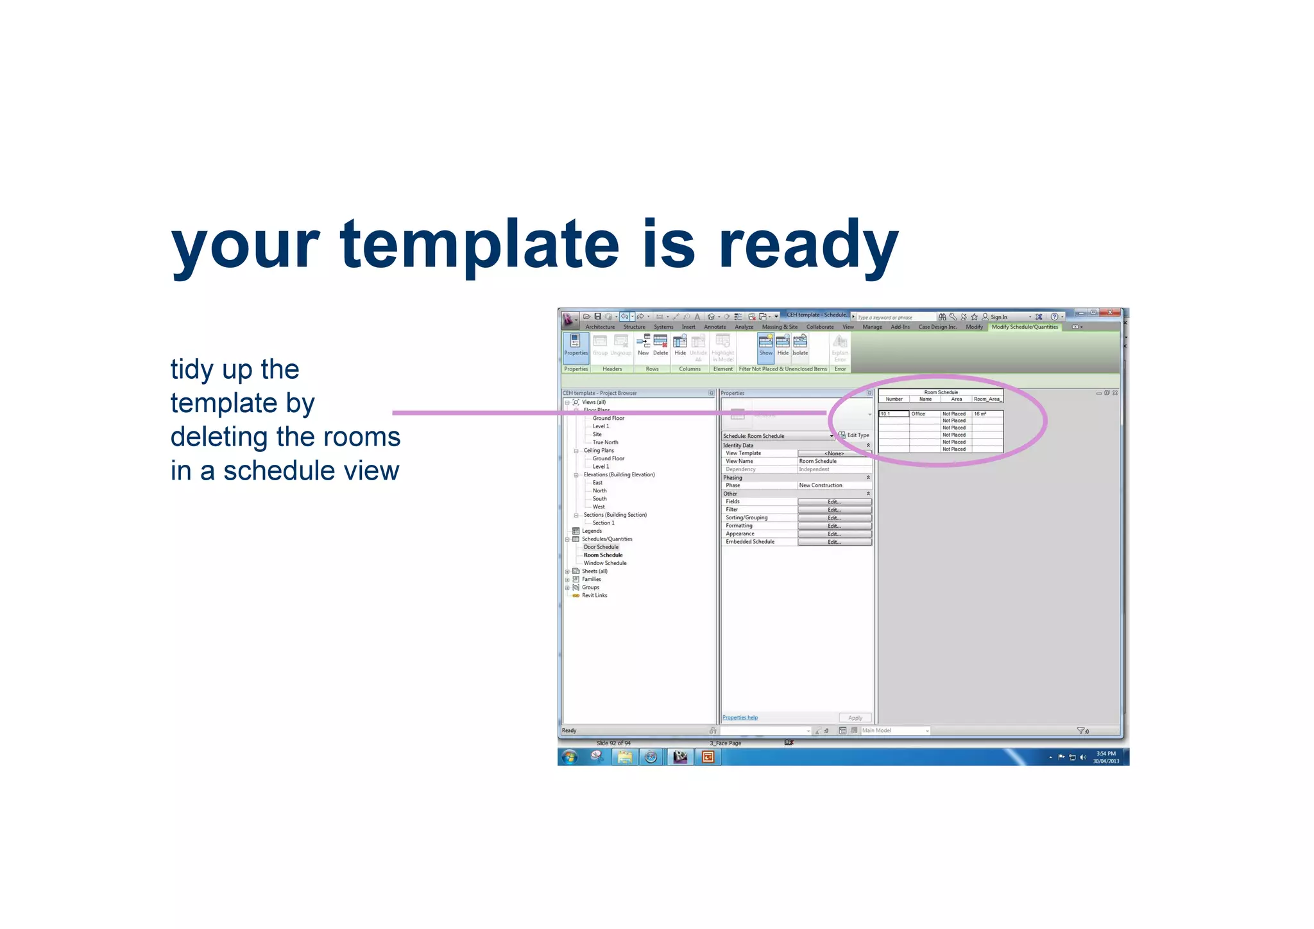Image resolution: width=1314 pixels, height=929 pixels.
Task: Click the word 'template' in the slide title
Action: tap(479, 245)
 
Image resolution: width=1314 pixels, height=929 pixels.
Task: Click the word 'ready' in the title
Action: tap(808, 245)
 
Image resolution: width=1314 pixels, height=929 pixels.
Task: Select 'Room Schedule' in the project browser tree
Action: tap(602, 555)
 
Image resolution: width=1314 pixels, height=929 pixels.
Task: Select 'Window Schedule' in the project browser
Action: tap(604, 563)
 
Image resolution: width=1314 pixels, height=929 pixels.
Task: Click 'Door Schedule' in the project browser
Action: tap(601, 547)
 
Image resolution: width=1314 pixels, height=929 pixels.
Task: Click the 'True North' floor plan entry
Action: tap(605, 442)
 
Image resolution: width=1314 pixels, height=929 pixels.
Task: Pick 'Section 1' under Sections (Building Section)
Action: tap(603, 523)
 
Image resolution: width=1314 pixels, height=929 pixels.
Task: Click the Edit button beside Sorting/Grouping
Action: tap(834, 518)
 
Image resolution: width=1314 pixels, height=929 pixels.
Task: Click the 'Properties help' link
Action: tap(740, 718)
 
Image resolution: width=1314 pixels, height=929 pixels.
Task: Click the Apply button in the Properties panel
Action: tap(855, 718)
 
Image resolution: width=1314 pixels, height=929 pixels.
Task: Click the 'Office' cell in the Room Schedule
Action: tap(918, 414)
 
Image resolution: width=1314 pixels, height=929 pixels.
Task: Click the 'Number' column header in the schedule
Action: tap(894, 399)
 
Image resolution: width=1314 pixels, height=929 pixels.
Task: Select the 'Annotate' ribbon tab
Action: tap(715, 327)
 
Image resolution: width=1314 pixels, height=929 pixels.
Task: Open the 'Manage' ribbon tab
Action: tap(872, 327)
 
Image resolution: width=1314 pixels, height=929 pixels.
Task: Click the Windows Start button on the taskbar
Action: tap(570, 757)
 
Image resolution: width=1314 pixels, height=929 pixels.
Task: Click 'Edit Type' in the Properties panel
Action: tap(855, 435)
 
